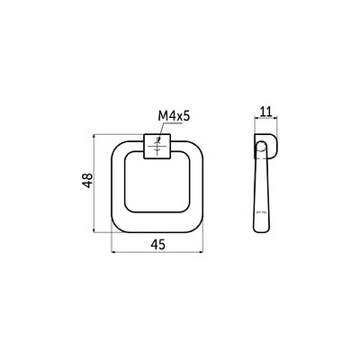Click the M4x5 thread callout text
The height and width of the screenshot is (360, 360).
click(x=175, y=116)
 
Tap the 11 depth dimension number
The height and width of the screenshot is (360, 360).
click(x=265, y=112)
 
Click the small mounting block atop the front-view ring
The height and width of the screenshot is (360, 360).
click(x=157, y=146)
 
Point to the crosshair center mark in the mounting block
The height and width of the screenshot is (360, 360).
click(x=157, y=146)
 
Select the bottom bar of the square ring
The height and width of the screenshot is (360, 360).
click(x=157, y=224)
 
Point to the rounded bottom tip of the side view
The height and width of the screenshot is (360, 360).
click(x=262, y=229)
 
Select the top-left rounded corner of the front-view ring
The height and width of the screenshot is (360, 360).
click(x=118, y=146)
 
